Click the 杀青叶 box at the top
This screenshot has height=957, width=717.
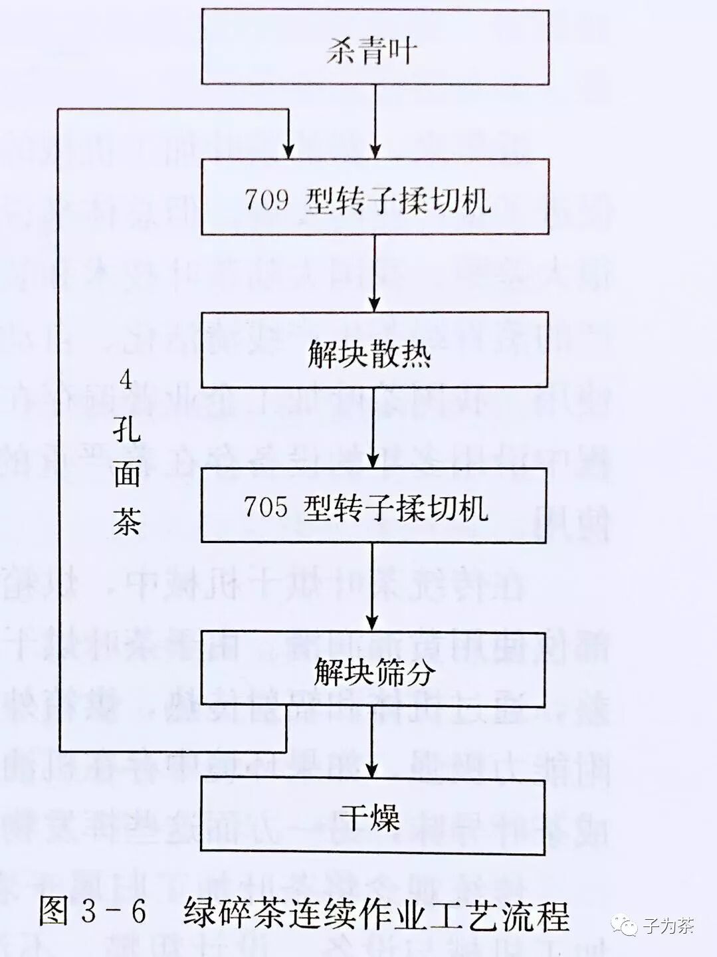click(x=375, y=47)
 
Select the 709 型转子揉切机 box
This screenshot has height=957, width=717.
click(x=375, y=197)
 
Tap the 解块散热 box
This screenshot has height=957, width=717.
click(x=375, y=350)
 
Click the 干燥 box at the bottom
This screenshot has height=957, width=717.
click(x=373, y=817)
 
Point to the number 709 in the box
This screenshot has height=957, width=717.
click(x=266, y=198)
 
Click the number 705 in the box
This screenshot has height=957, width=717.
click(x=265, y=507)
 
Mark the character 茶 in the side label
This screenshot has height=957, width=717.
click(x=126, y=520)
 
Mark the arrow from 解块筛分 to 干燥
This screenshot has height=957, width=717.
click(x=373, y=744)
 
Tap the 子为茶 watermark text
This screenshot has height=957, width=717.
click(x=668, y=925)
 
